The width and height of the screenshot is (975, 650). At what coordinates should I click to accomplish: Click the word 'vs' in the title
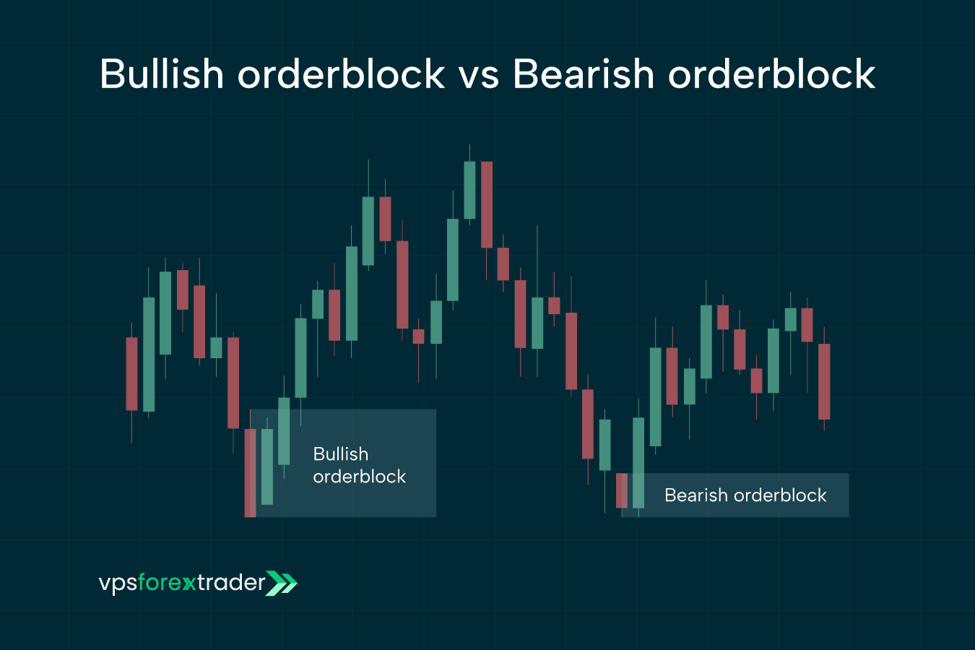(478, 74)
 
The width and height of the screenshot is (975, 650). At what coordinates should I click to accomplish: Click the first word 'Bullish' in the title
(162, 74)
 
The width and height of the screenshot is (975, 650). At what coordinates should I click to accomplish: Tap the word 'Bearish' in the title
(583, 74)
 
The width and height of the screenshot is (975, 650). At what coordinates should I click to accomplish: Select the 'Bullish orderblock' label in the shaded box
(359, 465)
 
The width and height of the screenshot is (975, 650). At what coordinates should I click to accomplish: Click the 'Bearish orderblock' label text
(745, 495)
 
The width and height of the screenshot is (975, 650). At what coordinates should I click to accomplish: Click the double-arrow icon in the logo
(282, 583)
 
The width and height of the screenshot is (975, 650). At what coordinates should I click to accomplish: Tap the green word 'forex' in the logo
(166, 583)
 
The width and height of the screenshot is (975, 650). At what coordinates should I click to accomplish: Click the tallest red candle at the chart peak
(487, 204)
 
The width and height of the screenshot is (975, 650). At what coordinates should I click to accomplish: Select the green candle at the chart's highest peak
(469, 190)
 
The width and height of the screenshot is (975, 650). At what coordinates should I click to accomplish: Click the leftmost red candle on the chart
(131, 373)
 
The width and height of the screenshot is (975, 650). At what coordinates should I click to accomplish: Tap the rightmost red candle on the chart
(824, 381)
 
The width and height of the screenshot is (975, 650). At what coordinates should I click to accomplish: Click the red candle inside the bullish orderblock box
(250, 472)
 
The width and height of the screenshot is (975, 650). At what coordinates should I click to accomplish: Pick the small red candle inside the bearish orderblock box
(621, 490)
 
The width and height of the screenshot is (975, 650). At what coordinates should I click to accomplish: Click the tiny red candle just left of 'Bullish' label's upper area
(418, 336)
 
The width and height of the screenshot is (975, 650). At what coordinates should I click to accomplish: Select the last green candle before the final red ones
(790, 319)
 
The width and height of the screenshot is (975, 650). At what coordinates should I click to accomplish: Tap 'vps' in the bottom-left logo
(118, 583)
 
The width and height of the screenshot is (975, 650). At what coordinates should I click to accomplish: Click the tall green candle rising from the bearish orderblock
(638, 462)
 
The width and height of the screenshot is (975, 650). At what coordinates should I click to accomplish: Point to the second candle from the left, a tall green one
(149, 354)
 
